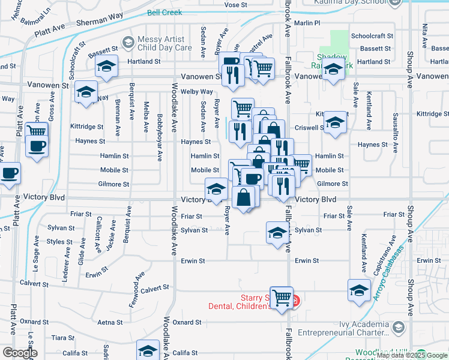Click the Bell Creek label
(x=165, y=13)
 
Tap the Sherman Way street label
(x=100, y=22)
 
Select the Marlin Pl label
(x=307, y=23)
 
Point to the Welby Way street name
(x=197, y=92)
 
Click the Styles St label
(x=60, y=242)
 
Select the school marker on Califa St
(x=148, y=351)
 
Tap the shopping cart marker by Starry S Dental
(x=282, y=297)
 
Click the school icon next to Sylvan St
(x=277, y=232)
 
